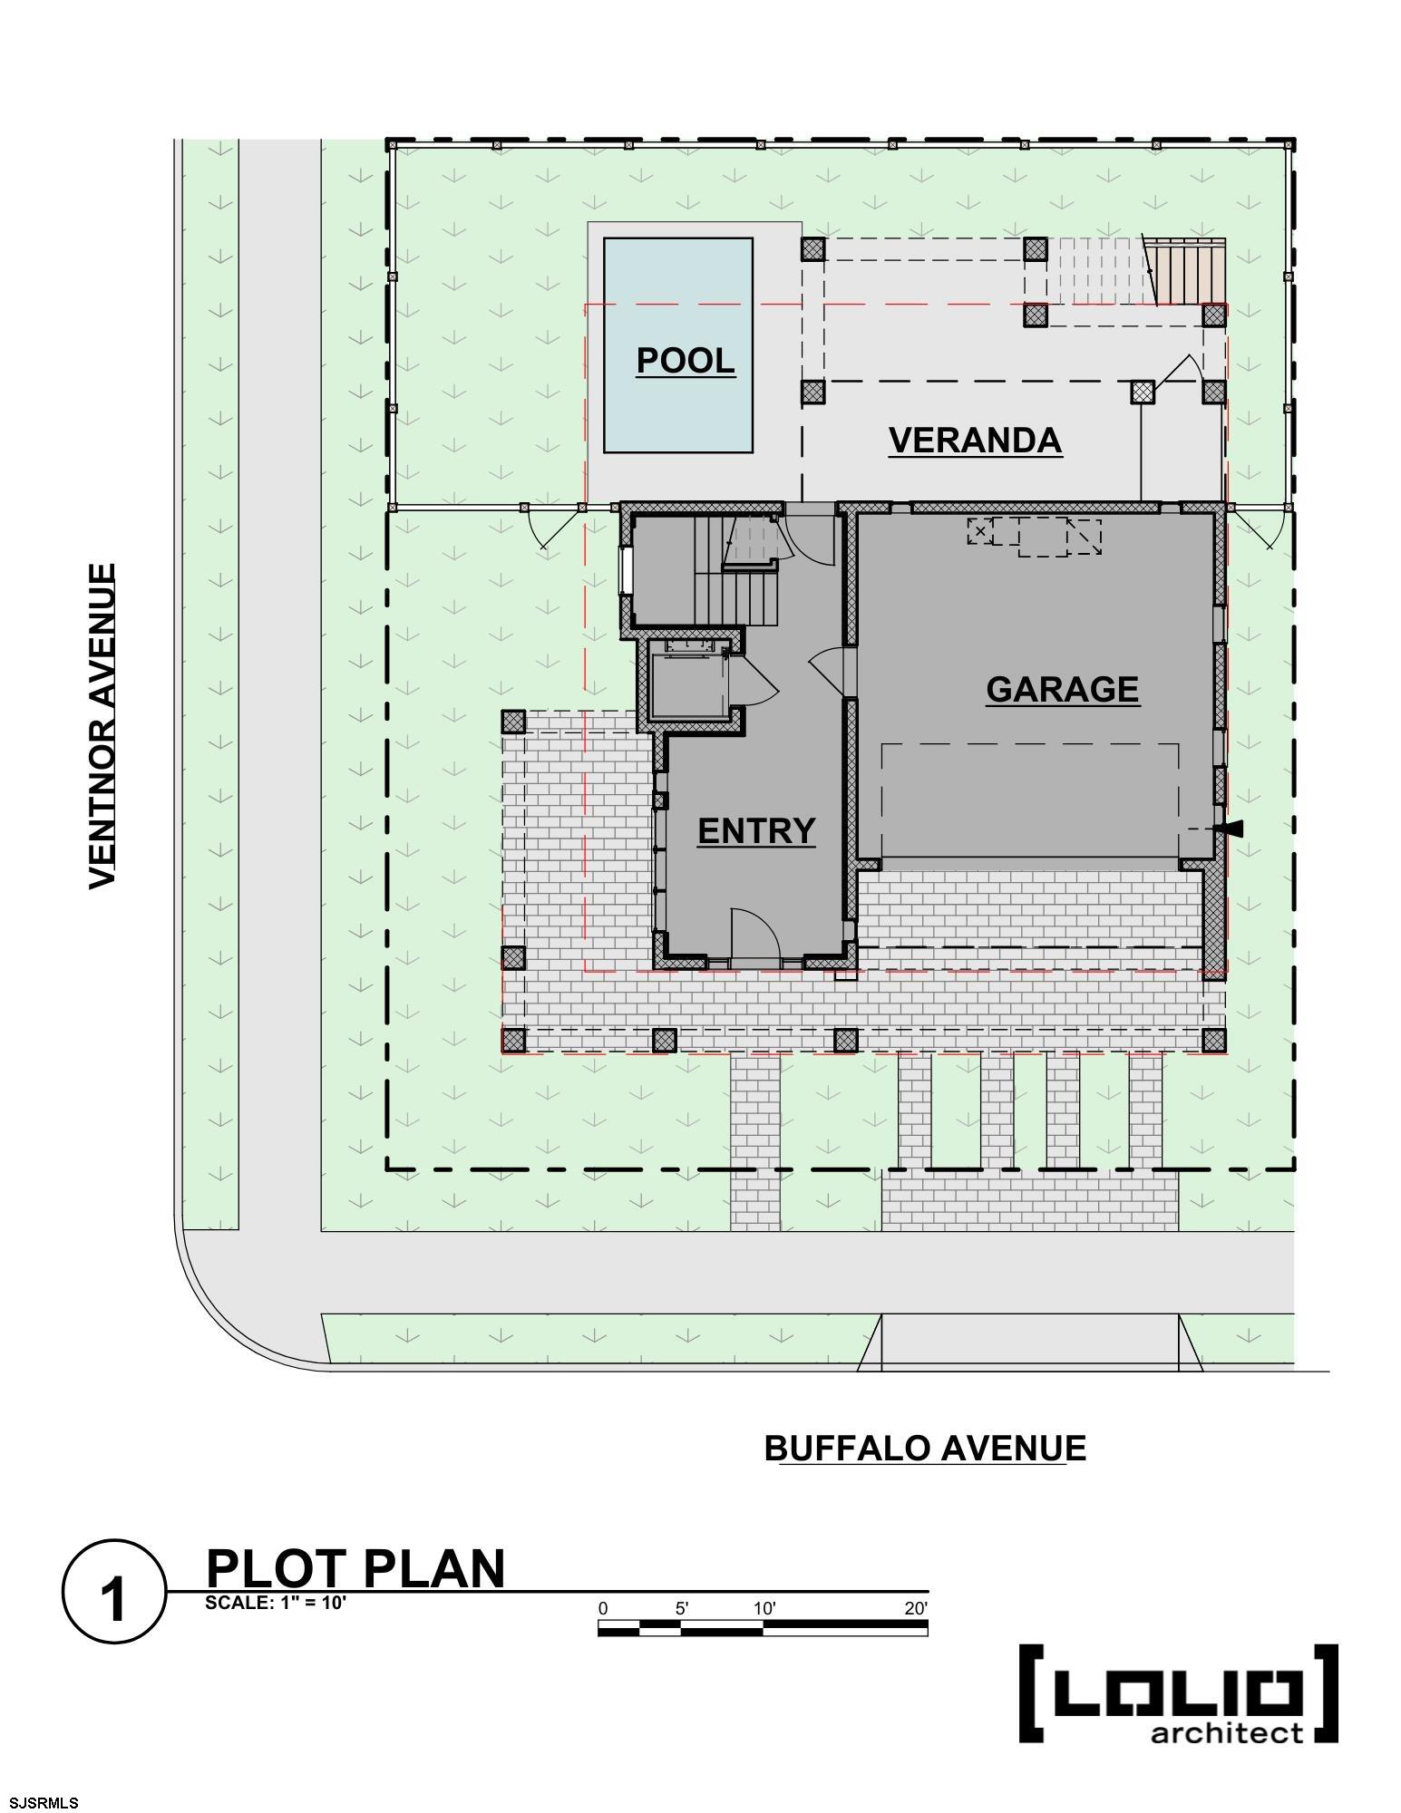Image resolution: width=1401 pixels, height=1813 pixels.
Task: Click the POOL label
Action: click(x=685, y=360)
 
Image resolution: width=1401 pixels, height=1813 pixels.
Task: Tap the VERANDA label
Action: click(x=975, y=440)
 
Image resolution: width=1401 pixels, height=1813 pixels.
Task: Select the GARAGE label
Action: click(x=1062, y=689)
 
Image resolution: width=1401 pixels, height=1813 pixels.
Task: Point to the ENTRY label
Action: click(x=756, y=830)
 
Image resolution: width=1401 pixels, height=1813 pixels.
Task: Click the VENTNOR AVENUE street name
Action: click(x=102, y=726)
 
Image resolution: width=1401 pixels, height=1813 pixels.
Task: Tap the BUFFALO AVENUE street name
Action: click(x=925, y=1448)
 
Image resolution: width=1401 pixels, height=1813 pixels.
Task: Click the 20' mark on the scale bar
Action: click(x=916, y=1608)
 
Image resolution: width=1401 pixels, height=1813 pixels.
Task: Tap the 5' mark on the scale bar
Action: click(x=682, y=1608)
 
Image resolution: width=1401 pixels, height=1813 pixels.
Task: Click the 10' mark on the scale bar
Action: click(x=764, y=1608)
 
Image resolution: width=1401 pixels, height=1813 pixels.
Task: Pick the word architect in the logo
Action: click(x=1226, y=1733)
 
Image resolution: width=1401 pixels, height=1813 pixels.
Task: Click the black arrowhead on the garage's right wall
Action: click(x=1233, y=829)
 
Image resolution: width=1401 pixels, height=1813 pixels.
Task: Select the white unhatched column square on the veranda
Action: click(x=1142, y=392)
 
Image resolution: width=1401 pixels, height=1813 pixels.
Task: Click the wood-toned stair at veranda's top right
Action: click(x=1188, y=272)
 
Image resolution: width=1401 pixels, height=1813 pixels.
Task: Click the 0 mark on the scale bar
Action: click(x=603, y=1608)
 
